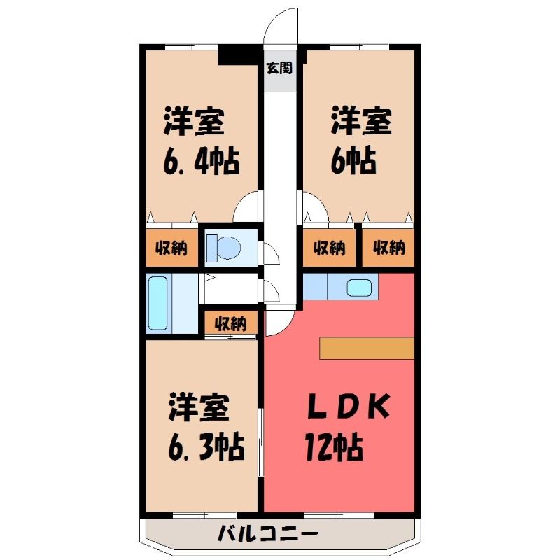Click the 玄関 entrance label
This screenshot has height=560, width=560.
[279, 68]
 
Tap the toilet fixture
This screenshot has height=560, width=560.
[224, 247]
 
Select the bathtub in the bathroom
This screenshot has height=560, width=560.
[158, 303]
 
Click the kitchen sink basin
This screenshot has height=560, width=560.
[359, 287]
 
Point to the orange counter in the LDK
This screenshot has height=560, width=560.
[367, 347]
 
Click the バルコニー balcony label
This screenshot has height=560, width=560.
[268, 535]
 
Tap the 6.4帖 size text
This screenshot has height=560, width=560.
[202, 162]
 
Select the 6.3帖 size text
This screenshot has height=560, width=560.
[206, 447]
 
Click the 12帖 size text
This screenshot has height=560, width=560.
[334, 447]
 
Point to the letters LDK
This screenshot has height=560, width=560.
[349, 407]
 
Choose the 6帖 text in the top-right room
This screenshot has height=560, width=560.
[353, 161]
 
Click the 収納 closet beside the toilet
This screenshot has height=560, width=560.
[171, 248]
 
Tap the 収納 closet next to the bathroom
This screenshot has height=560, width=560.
[231, 323]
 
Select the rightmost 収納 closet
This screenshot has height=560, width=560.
[388, 248]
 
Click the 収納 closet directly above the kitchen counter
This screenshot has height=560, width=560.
[329, 248]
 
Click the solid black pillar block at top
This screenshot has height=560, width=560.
[238, 55]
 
